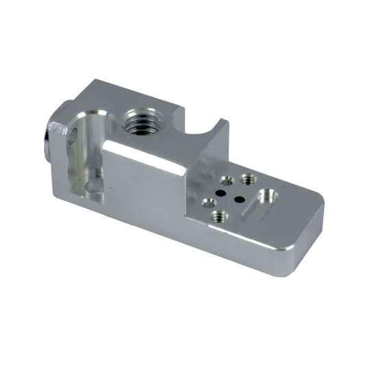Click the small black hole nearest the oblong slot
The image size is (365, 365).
coord(240,198)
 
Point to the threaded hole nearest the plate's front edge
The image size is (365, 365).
coord(218,216)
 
